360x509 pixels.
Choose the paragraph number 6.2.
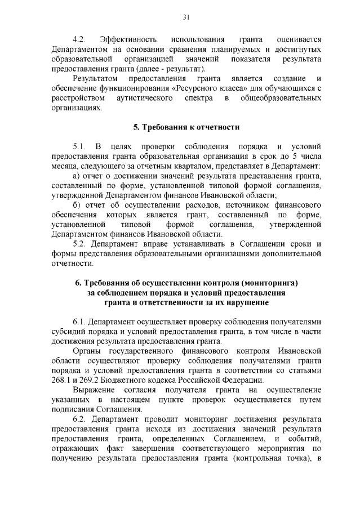point(78,419)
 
